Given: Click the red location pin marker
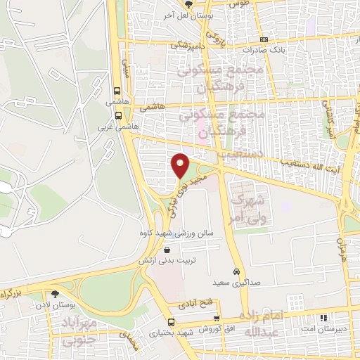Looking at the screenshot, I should [x=181, y=166].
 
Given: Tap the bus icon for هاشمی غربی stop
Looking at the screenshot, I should [x=117, y=115].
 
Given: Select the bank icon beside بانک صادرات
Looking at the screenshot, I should [x=264, y=40].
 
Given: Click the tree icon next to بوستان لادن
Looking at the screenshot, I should [x=56, y=294].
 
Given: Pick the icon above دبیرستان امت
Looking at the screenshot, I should [x=324, y=318].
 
